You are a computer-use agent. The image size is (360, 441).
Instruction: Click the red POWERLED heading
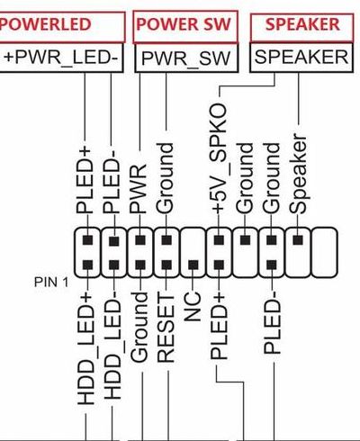[x=45, y=24]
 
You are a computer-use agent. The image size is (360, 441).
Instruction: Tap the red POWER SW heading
[x=184, y=24]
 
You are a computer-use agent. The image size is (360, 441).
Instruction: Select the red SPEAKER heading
[x=302, y=24]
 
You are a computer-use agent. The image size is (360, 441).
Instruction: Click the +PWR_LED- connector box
[x=61, y=58]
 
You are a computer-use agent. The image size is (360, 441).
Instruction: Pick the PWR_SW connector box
[x=186, y=58]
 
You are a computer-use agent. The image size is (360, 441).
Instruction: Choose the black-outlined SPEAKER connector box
[x=301, y=58]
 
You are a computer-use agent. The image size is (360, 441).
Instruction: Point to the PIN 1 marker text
[x=51, y=282]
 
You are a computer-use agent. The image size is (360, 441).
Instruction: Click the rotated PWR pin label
[x=138, y=189]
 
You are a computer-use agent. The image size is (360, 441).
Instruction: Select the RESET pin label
[x=166, y=328]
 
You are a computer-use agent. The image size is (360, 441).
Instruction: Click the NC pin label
[x=192, y=306]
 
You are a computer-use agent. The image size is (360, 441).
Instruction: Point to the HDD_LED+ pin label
[x=85, y=348]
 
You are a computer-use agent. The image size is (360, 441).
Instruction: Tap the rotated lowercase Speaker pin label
[x=298, y=174]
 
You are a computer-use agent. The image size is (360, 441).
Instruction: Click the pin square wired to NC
[x=193, y=265]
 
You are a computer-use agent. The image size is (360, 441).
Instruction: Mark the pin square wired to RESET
[x=166, y=265]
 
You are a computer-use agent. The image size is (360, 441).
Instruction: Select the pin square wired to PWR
[x=140, y=240]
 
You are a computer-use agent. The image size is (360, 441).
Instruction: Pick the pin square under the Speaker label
[x=298, y=240]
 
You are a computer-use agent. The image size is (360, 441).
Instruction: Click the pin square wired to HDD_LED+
[x=87, y=265]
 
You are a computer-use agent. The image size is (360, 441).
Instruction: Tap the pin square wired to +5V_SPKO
[x=219, y=240]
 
